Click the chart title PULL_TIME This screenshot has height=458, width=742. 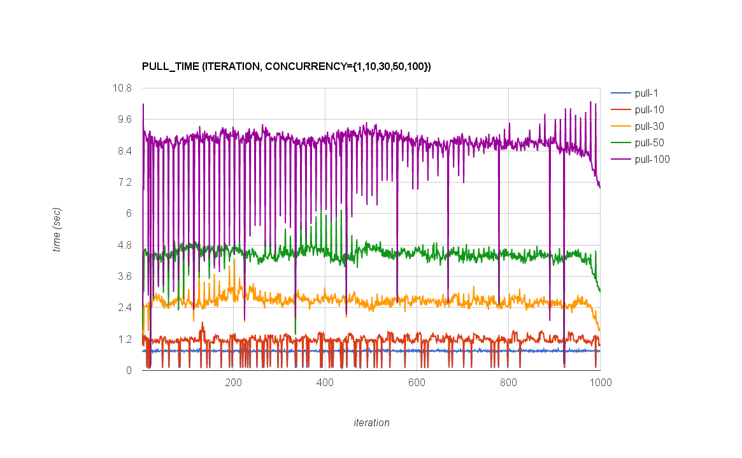click(x=287, y=66)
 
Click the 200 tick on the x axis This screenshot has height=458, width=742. click(x=233, y=383)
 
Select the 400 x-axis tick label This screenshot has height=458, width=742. click(x=325, y=383)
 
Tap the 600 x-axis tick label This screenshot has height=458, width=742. click(x=417, y=383)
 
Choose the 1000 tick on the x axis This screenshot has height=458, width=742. click(x=600, y=383)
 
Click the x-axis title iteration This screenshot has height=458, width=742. click(x=371, y=422)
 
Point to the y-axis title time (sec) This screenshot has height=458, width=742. click(x=57, y=229)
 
